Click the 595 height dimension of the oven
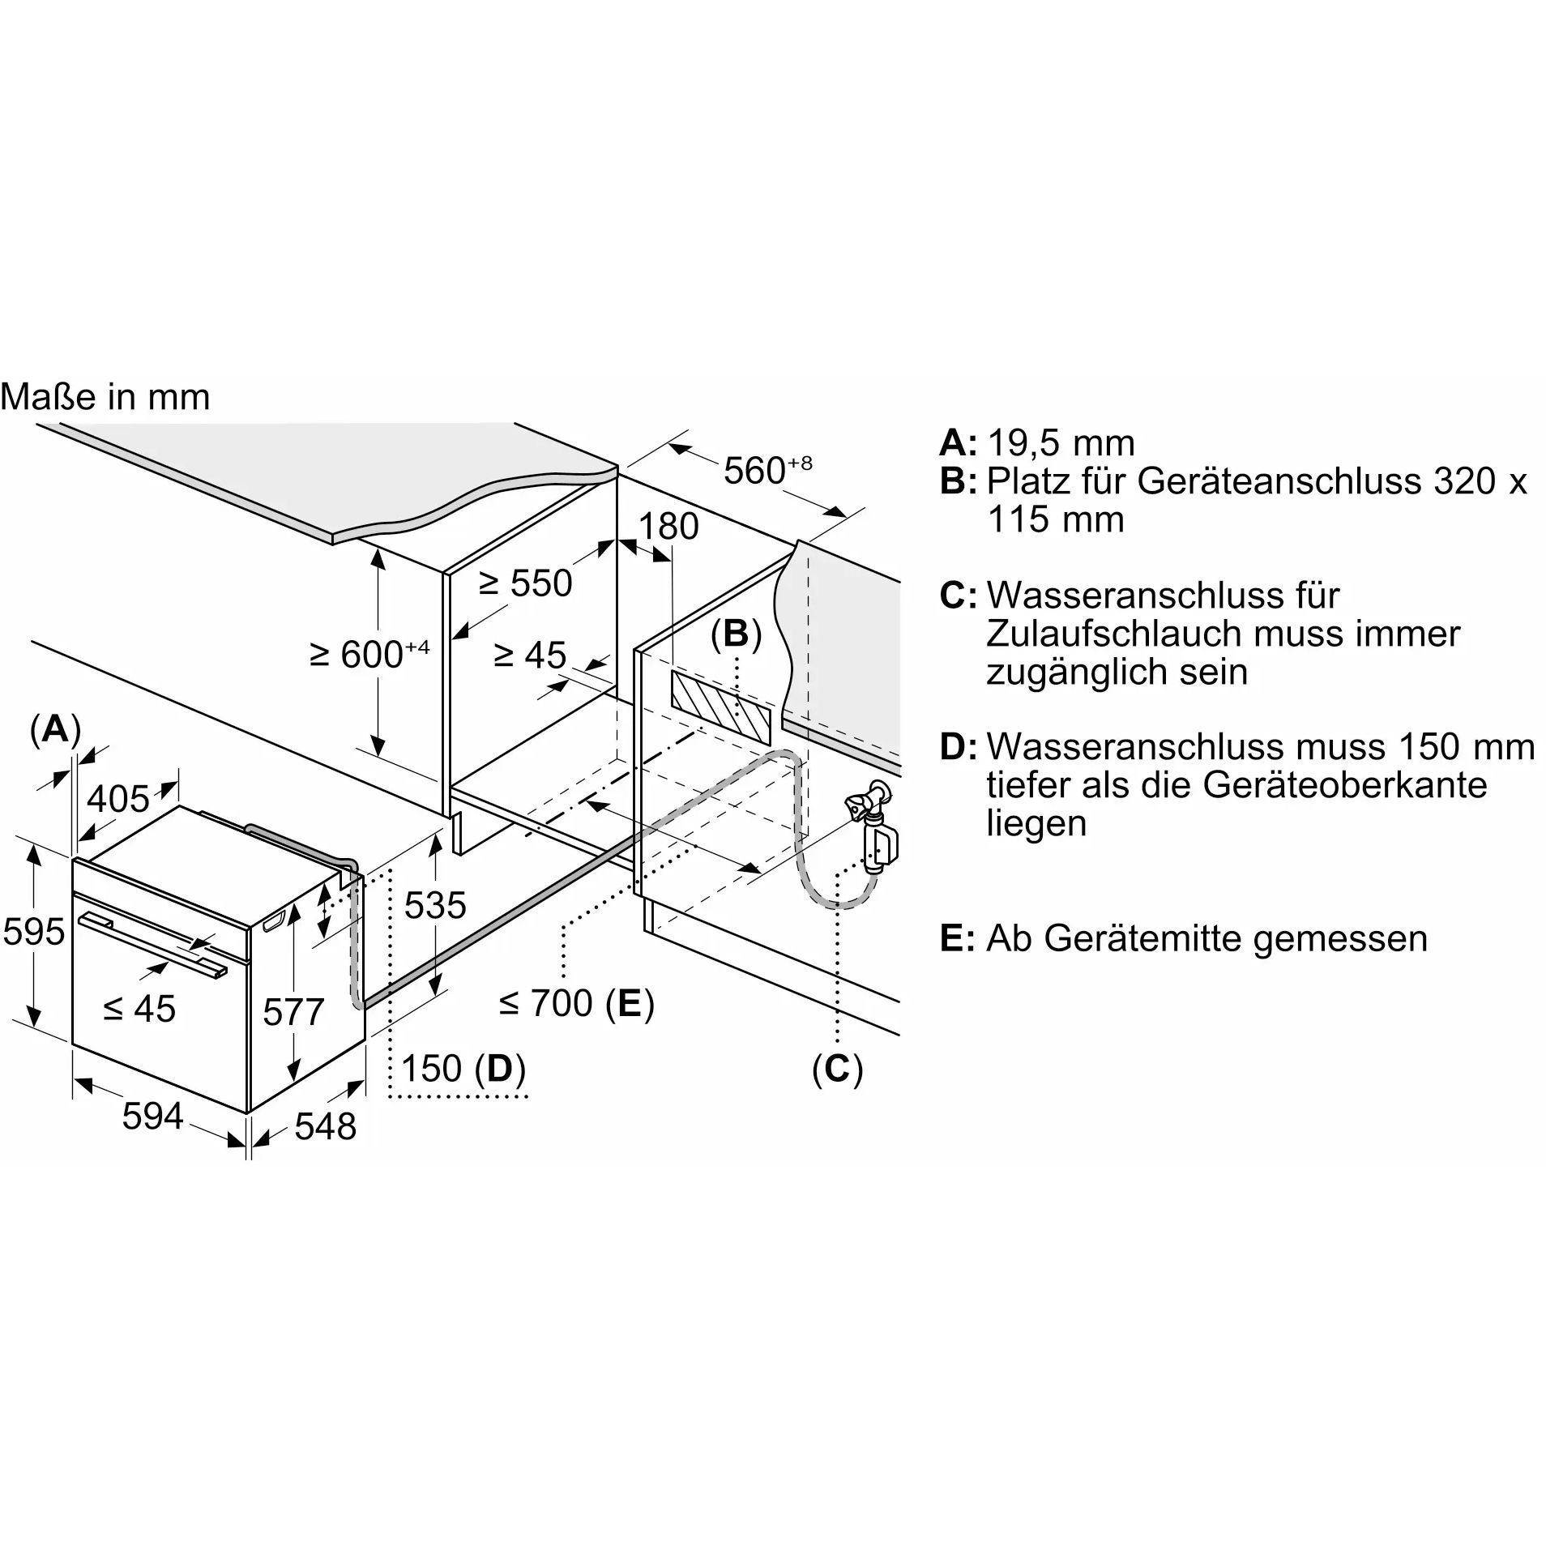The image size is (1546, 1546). click(x=33, y=932)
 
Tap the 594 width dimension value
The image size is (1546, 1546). click(x=152, y=1117)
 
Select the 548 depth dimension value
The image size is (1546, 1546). click(x=325, y=1126)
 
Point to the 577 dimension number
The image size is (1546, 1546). click(x=293, y=1012)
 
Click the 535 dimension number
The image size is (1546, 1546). click(x=435, y=905)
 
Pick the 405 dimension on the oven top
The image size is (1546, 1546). click(x=118, y=800)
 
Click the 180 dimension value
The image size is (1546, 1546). click(x=668, y=527)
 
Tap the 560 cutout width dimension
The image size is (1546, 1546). click(x=767, y=470)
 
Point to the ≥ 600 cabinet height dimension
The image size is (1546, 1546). click(x=369, y=655)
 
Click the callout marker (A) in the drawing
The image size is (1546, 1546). click(x=55, y=730)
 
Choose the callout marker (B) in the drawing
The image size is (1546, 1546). click(x=736, y=634)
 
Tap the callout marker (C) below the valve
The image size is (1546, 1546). click(x=837, y=1069)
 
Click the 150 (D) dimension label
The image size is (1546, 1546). click(x=463, y=1069)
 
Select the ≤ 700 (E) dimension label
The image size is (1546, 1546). click(x=576, y=1004)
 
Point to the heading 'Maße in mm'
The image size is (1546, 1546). click(x=105, y=397)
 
